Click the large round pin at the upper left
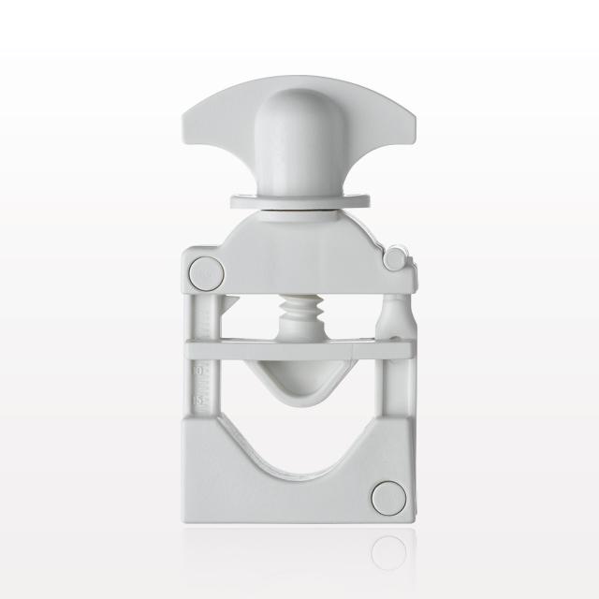coord(205,273)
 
